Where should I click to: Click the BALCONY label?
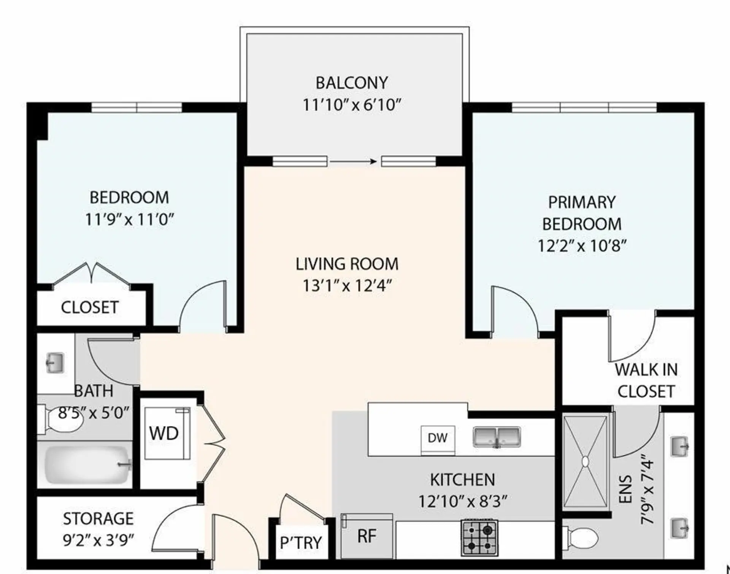352,83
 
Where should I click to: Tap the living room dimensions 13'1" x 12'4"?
347,286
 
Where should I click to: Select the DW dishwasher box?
438,438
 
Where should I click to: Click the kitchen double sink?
497,437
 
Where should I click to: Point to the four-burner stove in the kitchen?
480,537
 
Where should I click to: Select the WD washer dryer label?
164,434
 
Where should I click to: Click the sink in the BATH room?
55,363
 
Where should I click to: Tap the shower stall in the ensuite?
585,461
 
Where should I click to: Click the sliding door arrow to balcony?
354,162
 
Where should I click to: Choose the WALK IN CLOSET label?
646,381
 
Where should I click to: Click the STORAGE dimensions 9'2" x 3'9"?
98,540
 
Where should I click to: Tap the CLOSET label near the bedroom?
90,308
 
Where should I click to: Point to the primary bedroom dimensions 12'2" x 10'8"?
582,246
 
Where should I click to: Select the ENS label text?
626,489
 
